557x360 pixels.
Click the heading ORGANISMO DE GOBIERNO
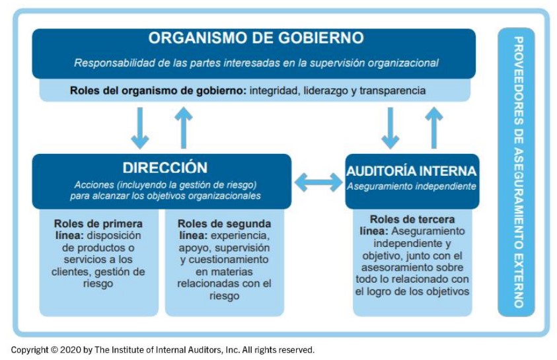(x=256, y=38)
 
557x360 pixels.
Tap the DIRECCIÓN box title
(x=165, y=167)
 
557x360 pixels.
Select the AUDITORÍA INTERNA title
(x=411, y=171)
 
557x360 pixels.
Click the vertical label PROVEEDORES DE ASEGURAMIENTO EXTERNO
(x=518, y=172)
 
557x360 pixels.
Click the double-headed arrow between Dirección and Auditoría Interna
(x=318, y=182)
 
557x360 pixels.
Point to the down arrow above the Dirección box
(x=140, y=128)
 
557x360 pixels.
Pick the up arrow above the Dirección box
(x=184, y=127)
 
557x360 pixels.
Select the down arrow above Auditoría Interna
(x=390, y=128)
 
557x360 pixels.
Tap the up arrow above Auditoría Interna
(x=433, y=127)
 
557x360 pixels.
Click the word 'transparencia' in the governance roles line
(x=392, y=91)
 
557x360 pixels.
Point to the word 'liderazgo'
(x=320, y=91)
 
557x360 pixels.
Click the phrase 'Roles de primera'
(x=98, y=224)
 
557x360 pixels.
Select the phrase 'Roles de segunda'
(x=224, y=224)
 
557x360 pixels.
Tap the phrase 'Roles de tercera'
(x=412, y=219)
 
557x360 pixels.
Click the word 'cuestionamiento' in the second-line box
(x=229, y=260)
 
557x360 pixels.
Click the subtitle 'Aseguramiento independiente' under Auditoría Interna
(x=412, y=186)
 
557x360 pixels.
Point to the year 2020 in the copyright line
(x=71, y=349)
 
